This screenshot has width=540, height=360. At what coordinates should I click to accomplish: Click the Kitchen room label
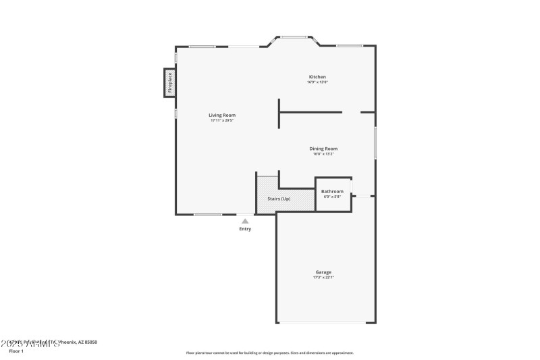tap(317, 77)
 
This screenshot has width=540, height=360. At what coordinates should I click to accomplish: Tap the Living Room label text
tap(222, 115)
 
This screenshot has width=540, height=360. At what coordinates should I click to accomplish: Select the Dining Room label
tap(323, 149)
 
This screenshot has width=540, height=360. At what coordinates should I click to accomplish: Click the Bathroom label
tap(332, 192)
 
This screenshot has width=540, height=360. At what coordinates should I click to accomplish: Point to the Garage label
tap(323, 272)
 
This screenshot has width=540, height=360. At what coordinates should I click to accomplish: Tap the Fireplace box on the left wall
tap(170, 82)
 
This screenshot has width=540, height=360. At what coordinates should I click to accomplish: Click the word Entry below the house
tap(245, 229)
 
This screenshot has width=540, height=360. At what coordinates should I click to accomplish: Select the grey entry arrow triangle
tap(245, 221)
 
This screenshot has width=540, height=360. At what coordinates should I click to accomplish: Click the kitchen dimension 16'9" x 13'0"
tap(317, 82)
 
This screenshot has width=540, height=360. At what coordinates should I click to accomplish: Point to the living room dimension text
tap(222, 121)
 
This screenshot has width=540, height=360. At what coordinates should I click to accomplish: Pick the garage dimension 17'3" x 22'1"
tap(323, 278)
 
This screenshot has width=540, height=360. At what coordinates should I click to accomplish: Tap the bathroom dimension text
tap(332, 197)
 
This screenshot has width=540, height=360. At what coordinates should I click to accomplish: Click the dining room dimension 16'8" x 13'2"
tap(323, 154)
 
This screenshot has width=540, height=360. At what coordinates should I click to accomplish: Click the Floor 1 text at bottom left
tap(16, 351)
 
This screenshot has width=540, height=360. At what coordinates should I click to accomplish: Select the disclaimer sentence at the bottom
tap(269, 353)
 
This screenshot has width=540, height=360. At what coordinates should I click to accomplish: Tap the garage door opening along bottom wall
tap(325, 323)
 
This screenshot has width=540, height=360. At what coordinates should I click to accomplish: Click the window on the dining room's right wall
tap(375, 143)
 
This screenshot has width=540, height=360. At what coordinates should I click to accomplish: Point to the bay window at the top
tap(294, 37)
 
